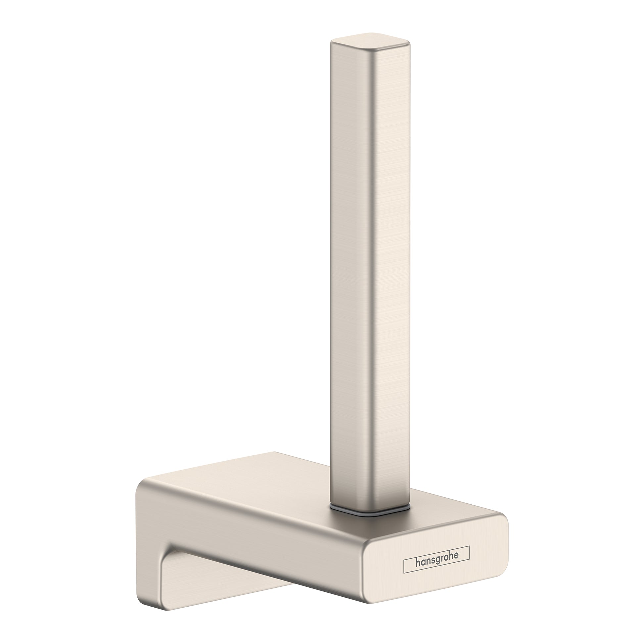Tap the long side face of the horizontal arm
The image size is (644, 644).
click(x=267, y=540)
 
